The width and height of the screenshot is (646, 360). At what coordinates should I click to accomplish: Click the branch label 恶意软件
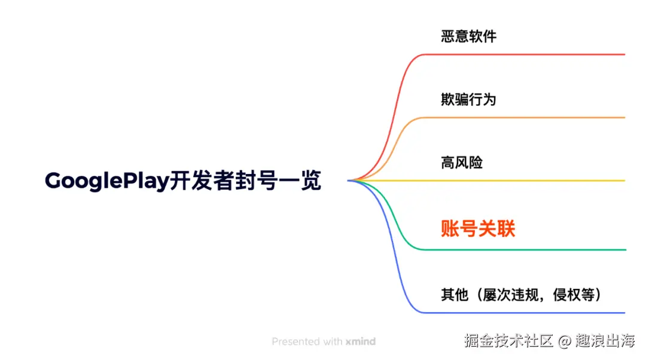[x=468, y=36]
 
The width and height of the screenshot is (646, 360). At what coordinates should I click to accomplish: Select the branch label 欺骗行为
[x=468, y=99]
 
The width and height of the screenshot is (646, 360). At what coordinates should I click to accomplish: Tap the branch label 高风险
[x=462, y=163]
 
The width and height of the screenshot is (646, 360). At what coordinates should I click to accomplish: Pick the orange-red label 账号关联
[x=478, y=228]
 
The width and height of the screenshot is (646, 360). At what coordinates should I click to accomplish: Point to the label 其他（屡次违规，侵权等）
[x=520, y=295]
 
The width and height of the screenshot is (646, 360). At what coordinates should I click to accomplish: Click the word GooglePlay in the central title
[x=106, y=181]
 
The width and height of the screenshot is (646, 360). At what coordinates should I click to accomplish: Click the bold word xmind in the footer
[x=361, y=342]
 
